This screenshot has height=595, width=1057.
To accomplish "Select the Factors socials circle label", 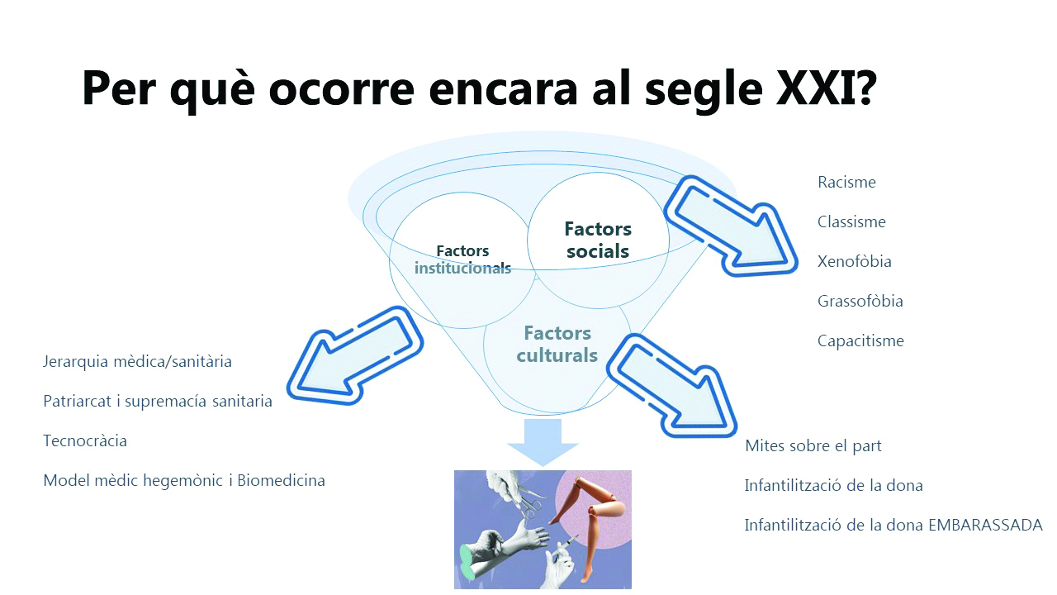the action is [x=598, y=240].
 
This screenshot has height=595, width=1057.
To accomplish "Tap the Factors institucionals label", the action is [x=462, y=259].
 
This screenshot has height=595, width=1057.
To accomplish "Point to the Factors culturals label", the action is [x=557, y=345].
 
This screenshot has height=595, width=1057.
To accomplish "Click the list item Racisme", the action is [x=846, y=183].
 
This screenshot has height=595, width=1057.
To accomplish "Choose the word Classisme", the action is [x=851, y=222].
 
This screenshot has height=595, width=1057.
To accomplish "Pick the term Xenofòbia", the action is [x=854, y=261].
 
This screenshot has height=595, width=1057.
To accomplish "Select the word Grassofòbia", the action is [x=860, y=301].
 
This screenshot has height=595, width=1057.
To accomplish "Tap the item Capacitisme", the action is [x=860, y=341].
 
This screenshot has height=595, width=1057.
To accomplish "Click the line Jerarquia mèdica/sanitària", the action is [x=137, y=362].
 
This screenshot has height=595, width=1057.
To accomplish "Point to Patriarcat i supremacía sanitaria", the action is [x=158, y=402].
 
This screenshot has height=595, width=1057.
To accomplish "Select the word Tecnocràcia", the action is [x=85, y=441].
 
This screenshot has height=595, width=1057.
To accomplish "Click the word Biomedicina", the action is [x=281, y=481].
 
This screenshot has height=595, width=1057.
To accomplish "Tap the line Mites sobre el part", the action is [x=813, y=445].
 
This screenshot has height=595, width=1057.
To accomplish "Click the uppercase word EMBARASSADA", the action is [x=985, y=525].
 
